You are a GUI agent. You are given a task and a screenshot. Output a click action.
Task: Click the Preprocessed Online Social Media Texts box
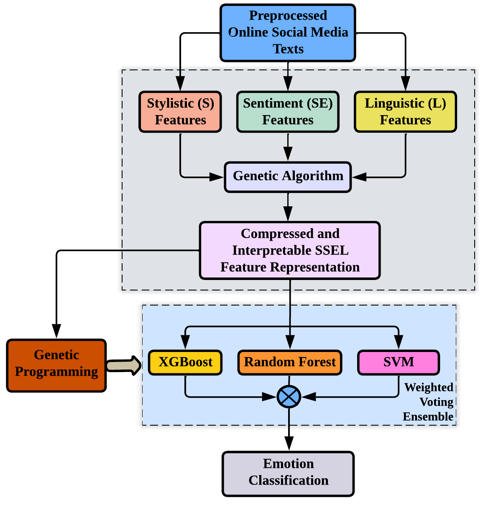[x=288, y=33]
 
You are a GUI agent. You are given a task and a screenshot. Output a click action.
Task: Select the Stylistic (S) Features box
[x=180, y=112]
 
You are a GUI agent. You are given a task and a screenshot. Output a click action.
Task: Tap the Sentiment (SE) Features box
[x=288, y=112]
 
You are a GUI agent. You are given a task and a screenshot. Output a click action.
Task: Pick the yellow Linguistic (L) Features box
[x=405, y=112]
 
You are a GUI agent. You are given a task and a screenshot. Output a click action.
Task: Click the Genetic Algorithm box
[x=288, y=177]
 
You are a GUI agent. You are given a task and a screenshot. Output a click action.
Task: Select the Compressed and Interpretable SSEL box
[x=290, y=250]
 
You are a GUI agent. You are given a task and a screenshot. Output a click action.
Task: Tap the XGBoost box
[x=185, y=362]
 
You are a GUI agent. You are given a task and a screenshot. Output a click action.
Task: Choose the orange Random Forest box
[x=290, y=362]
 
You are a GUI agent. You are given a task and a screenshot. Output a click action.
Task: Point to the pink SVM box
[x=399, y=362]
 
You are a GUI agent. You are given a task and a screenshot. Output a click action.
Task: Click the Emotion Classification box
[x=288, y=473]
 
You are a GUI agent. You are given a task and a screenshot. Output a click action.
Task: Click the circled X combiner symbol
[x=289, y=396]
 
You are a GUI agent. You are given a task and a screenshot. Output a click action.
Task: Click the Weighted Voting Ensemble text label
[x=428, y=402]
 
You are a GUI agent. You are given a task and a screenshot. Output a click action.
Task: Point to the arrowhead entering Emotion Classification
[x=289, y=444]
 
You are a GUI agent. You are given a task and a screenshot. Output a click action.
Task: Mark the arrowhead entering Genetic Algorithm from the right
[x=359, y=177]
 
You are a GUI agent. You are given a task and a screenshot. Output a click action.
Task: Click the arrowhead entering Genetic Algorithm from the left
[x=217, y=177]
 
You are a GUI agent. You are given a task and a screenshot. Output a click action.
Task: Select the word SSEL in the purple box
[x=333, y=250]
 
